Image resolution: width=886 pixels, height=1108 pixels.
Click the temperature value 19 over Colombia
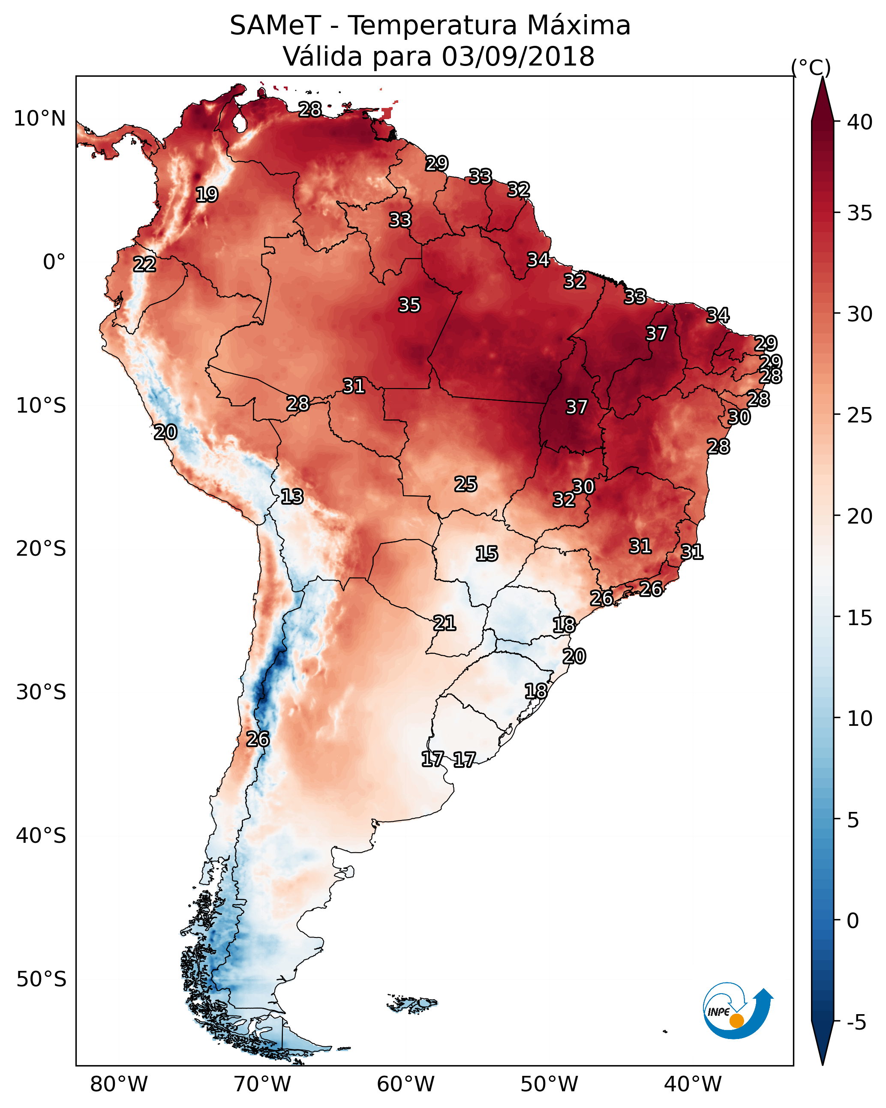click(x=207, y=195)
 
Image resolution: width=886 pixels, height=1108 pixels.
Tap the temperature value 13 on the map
click(x=292, y=497)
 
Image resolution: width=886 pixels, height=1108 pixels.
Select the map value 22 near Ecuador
click(x=144, y=264)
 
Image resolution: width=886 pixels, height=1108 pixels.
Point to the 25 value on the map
click(x=466, y=484)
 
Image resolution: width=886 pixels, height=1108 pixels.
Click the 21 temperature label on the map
click(x=444, y=623)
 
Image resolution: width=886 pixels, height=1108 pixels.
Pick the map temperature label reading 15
click(x=487, y=554)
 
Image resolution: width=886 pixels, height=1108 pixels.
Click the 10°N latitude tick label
click(x=39, y=119)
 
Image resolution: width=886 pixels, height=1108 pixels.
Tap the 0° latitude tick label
click(x=54, y=262)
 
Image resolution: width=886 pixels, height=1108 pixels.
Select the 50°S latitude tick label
click(x=41, y=979)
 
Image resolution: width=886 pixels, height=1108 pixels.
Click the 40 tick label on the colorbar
click(x=860, y=122)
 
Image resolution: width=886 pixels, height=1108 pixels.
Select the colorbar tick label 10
click(x=860, y=719)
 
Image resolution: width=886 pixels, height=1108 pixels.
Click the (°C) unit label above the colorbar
click(x=811, y=67)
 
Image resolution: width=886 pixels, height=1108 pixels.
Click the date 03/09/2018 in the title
click(x=518, y=57)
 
